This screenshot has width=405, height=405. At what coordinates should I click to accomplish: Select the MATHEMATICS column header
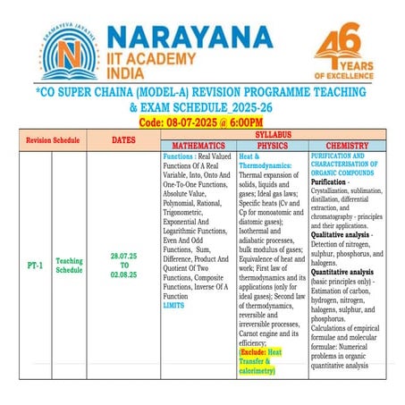click(x=198, y=144)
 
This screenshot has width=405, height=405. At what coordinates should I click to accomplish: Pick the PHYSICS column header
click(x=272, y=144)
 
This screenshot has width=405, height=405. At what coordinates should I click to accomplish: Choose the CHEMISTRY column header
click(x=347, y=144)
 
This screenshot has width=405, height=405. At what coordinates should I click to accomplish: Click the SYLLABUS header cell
click(x=273, y=134)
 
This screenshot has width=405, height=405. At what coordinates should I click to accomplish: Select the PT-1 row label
click(x=31, y=266)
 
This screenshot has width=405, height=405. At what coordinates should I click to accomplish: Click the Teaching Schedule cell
click(x=70, y=266)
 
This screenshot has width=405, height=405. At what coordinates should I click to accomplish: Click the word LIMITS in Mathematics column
click(x=173, y=305)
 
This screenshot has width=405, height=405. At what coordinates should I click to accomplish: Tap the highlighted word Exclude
click(x=255, y=352)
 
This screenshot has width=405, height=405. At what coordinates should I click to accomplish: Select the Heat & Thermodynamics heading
click(x=260, y=160)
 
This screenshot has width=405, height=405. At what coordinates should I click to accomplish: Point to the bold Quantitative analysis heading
click(x=343, y=271)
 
